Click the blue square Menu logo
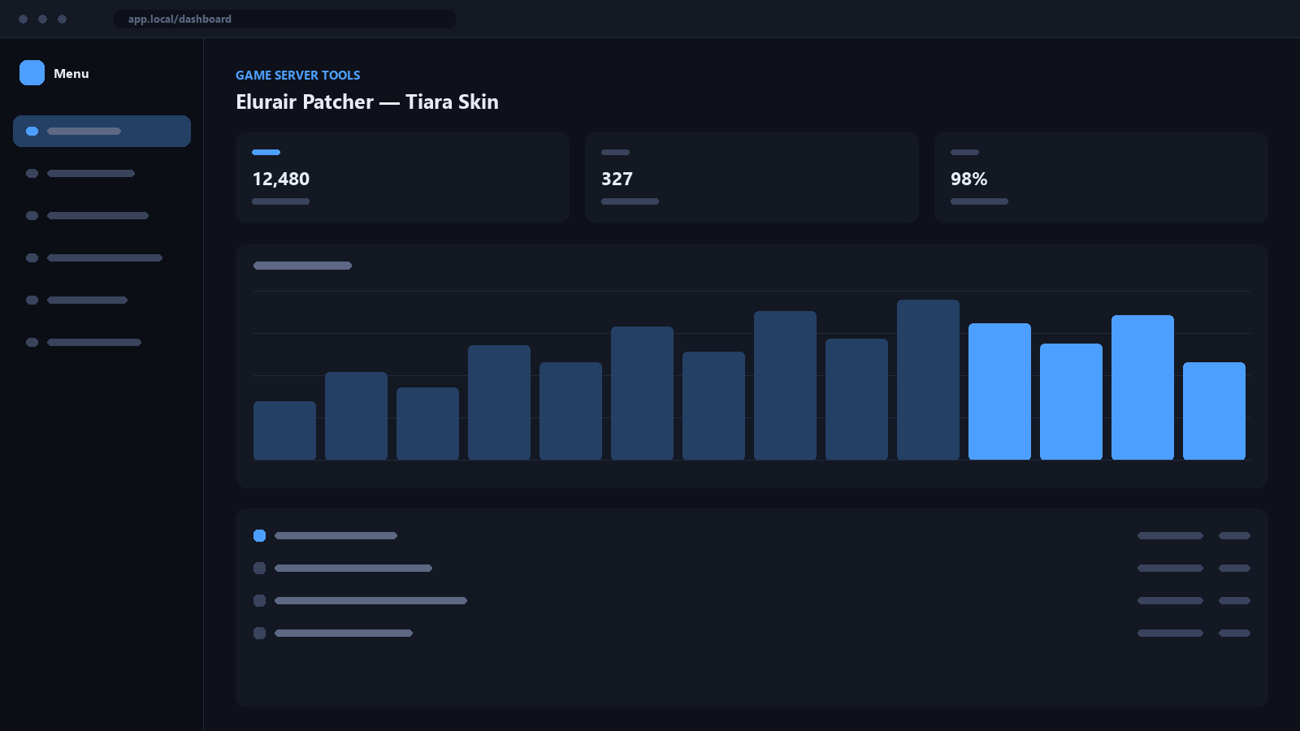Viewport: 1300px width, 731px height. coord(32,73)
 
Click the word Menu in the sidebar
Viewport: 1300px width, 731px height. coord(71,74)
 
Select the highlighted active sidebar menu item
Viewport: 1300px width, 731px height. coord(102,131)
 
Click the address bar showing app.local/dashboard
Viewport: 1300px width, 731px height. coord(284,19)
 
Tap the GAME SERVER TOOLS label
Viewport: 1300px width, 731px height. coord(297,76)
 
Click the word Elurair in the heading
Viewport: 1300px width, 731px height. coord(266,102)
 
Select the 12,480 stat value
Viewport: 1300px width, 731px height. coord(281,179)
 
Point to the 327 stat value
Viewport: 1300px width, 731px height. coord(617,179)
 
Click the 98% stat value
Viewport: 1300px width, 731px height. coord(968,179)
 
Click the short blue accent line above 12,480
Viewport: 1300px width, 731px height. coord(266,152)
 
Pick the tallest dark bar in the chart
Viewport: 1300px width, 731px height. coord(928,379)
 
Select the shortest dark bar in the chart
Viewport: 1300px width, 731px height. coord(285,430)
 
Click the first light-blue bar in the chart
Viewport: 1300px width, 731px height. coord(999,391)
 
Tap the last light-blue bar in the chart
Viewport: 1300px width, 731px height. coord(1214,411)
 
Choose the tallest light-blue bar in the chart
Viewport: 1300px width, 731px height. coord(1142,387)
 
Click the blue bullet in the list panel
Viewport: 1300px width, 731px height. coord(259,535)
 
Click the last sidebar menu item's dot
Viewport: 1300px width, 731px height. coord(32,342)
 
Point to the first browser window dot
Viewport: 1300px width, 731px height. coord(24,19)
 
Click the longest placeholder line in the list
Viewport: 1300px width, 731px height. coord(370,600)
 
